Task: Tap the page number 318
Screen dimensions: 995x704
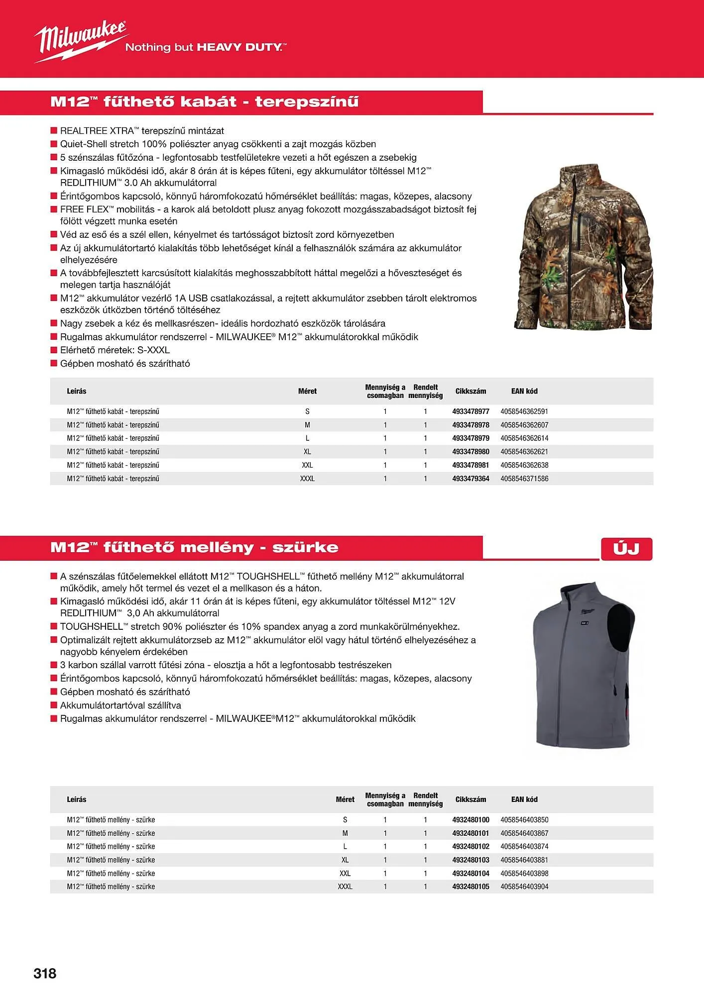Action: (45, 973)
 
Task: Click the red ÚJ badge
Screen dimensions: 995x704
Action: (626, 549)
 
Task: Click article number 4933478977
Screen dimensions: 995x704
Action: (470, 411)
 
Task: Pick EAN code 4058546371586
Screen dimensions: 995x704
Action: (524, 479)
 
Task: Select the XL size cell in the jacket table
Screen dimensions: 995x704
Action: (307, 452)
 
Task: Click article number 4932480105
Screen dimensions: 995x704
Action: (470, 887)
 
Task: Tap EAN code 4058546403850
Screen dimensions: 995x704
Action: (524, 819)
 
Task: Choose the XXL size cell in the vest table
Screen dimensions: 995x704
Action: (345, 873)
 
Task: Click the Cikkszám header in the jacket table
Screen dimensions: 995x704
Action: (470, 391)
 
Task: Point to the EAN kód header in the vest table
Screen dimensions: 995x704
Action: (524, 799)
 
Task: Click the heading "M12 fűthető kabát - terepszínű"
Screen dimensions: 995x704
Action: (204, 102)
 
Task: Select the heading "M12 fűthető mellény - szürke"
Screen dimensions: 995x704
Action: (194, 547)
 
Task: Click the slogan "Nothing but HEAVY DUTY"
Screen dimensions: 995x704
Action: (205, 47)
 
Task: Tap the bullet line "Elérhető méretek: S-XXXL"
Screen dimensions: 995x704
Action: (115, 350)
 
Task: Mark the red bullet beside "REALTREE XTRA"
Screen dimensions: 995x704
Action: (54, 131)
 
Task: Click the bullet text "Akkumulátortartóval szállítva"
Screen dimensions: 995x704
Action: (120, 705)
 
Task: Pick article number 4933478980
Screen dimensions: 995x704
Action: (470, 452)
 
